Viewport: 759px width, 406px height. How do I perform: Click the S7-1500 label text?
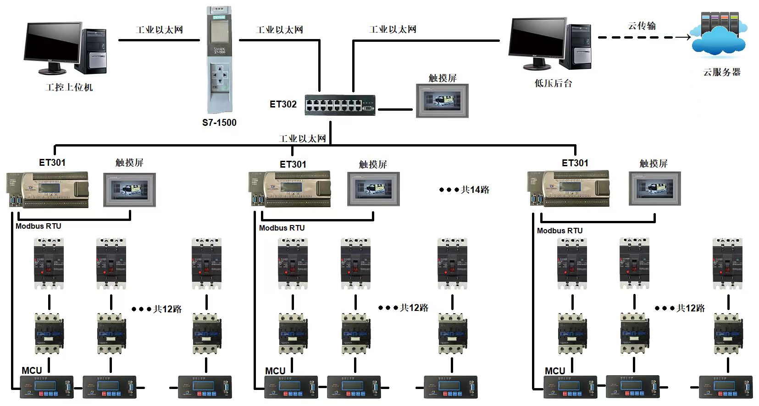pos(219,123)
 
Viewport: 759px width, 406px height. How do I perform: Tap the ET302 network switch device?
pos(340,105)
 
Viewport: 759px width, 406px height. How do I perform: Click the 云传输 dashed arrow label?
pos(642,26)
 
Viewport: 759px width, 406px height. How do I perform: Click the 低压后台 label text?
pos(553,84)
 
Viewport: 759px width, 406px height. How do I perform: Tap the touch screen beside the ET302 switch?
pos(442,100)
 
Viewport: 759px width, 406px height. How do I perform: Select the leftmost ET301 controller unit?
pos(48,189)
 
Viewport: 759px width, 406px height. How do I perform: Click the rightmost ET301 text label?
pos(575,163)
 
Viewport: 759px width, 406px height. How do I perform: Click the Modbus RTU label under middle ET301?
pos(282,228)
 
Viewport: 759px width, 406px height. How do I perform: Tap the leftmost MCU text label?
pos(32,370)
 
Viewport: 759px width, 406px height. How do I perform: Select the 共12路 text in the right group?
pos(690,308)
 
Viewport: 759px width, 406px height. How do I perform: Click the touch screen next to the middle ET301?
pos(373,189)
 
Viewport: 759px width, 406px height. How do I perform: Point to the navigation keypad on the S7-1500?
pos(219,74)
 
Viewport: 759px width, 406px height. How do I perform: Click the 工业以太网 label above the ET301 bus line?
pos(302,138)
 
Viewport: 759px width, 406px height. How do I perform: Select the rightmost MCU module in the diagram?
pos(725,387)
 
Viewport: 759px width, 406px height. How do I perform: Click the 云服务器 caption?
pos(722,72)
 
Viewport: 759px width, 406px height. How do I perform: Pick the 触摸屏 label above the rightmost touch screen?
pos(653,163)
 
